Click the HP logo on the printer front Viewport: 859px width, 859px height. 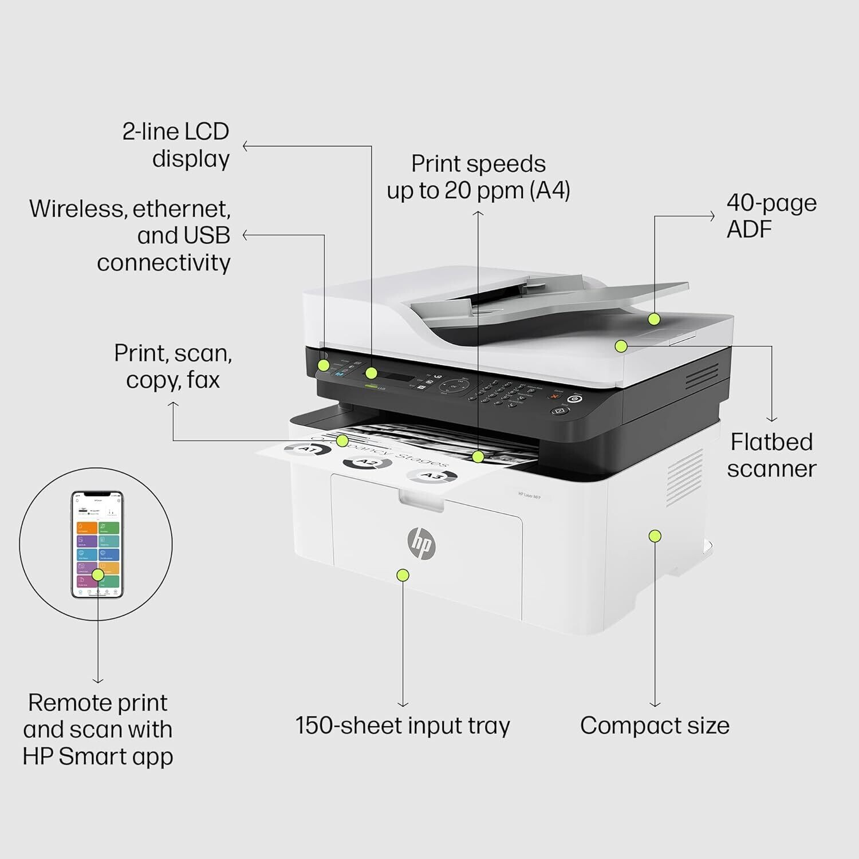tap(421, 543)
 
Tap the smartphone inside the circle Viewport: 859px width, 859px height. tap(97, 544)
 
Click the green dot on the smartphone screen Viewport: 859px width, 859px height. tap(98, 574)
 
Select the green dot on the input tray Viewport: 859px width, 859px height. tap(403, 575)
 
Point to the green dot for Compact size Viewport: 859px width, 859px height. tap(655, 536)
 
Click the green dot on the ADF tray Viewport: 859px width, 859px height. tap(654, 319)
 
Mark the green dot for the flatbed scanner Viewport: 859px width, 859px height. tap(621, 346)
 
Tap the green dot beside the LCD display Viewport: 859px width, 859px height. tap(371, 373)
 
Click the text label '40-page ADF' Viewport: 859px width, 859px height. tap(771, 216)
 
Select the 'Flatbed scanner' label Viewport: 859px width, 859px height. tap(771, 455)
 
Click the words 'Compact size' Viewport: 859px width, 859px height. tap(655, 726)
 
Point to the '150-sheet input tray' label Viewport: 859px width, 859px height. tap(403, 726)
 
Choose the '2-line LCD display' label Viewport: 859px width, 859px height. tap(176, 145)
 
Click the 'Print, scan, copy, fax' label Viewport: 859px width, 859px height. tap(173, 367)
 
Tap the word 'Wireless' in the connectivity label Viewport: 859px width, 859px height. tap(76, 209)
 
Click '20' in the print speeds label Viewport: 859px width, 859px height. tap(457, 191)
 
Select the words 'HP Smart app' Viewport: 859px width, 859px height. tap(98, 756)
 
